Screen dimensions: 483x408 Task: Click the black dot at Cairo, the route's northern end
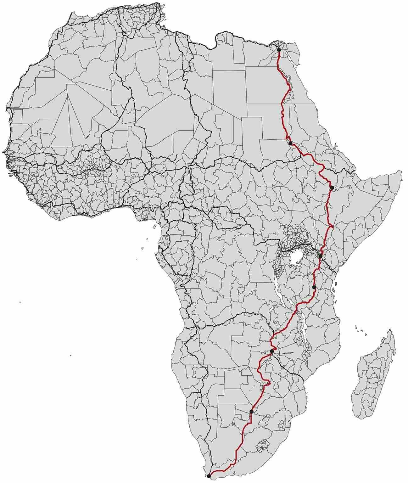[279, 50]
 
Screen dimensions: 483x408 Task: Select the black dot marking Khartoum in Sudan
[290, 143]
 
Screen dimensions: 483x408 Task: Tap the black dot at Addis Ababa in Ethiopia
[332, 188]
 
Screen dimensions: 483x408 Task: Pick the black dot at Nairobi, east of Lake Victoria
[320, 256]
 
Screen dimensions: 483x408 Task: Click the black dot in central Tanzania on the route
[314, 287]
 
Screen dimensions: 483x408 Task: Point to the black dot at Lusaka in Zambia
[272, 351]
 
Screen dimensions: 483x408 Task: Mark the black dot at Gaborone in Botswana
[251, 412]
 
